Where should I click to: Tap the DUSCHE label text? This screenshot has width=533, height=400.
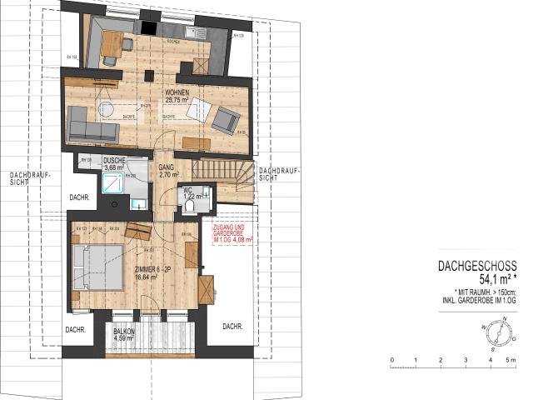[x=114, y=160]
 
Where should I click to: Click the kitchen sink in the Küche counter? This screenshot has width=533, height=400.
[x=193, y=32]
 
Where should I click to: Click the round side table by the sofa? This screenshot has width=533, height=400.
[x=107, y=110]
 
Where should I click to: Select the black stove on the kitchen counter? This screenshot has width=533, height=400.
[x=148, y=27]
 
